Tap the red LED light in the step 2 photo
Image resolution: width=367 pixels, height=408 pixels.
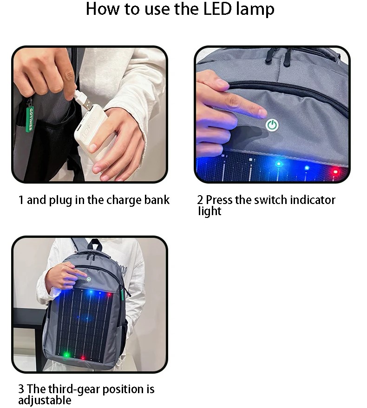[335, 172]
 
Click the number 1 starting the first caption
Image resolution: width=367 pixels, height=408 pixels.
[21, 200]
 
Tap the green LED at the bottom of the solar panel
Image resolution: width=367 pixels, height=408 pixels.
[66, 355]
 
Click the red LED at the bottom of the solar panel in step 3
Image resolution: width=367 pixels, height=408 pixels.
[83, 357]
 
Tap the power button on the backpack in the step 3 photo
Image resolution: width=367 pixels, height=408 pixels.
[89, 280]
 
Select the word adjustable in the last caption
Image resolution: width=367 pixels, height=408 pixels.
[45, 400]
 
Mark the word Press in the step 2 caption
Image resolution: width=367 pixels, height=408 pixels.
[220, 200]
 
